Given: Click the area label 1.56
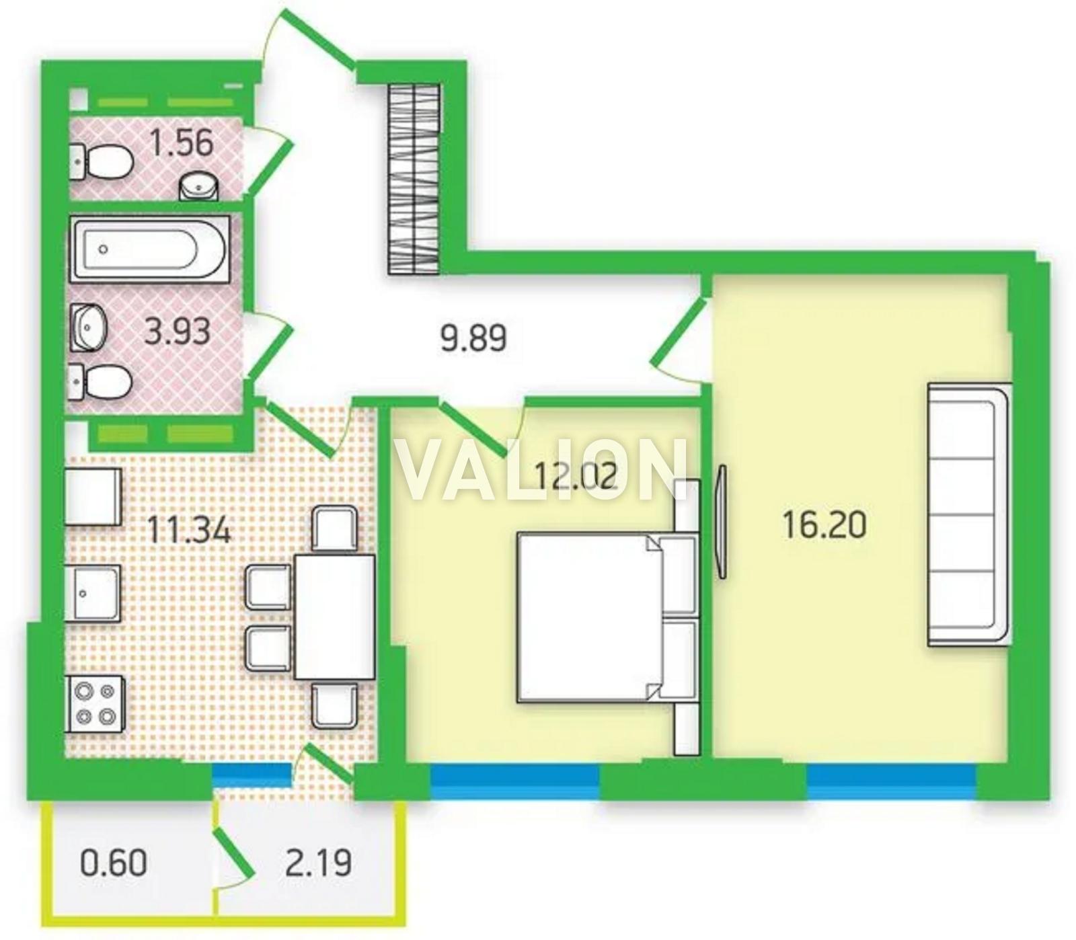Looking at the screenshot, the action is tap(181, 143).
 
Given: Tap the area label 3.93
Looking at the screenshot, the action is tap(178, 331).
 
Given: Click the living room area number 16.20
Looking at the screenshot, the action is tap(824, 524).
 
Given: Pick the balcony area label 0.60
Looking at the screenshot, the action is tap(113, 863).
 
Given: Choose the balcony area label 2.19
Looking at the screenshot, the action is tap(318, 863).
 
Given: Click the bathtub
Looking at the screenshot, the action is tap(151, 249).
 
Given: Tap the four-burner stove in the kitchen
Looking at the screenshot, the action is tap(95, 703).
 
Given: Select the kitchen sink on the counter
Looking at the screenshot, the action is tap(93, 593).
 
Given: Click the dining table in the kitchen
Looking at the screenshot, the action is tap(334, 617).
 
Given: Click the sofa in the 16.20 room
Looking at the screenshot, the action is tap(969, 515).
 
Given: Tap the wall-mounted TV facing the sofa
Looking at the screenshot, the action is tap(722, 521).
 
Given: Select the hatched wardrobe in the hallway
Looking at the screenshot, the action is tap(414, 178).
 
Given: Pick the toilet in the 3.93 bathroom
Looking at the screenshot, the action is tap(100, 382).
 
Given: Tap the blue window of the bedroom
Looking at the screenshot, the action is tap(514, 782).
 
